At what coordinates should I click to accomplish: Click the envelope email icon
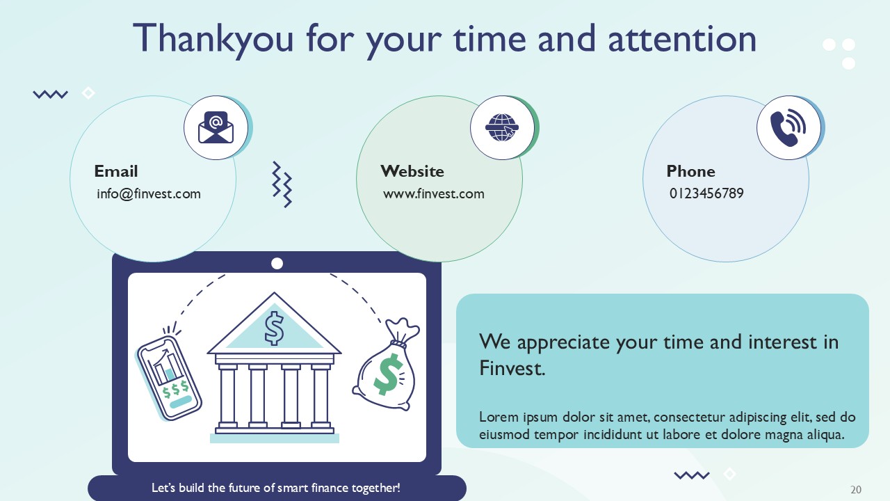pyautogui.click(x=216, y=128)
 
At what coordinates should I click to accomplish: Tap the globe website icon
pyautogui.click(x=502, y=128)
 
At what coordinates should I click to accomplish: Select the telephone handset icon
pyautogui.click(x=788, y=128)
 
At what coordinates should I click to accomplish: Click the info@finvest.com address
pyautogui.click(x=149, y=194)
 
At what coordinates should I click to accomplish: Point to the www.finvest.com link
pyautogui.click(x=434, y=194)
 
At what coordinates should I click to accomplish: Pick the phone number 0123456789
pyautogui.click(x=706, y=194)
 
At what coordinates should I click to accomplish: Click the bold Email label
pyautogui.click(x=116, y=171)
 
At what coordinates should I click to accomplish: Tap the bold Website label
pyautogui.click(x=412, y=171)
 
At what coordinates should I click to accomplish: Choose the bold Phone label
pyautogui.click(x=690, y=171)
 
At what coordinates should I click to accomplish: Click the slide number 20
pyautogui.click(x=856, y=490)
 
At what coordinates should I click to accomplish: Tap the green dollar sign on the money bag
pyautogui.click(x=388, y=374)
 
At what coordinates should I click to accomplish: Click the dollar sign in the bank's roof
pyautogui.click(x=275, y=328)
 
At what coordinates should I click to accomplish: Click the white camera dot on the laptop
pyautogui.click(x=277, y=263)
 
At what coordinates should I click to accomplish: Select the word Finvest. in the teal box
pyautogui.click(x=512, y=368)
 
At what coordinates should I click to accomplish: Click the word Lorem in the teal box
pyautogui.click(x=498, y=417)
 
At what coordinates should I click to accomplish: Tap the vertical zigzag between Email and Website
pyautogui.click(x=282, y=185)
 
